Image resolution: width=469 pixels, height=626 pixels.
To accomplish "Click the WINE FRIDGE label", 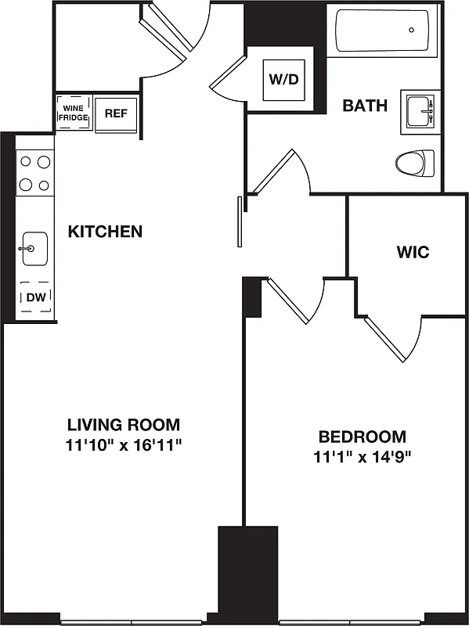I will tap(73, 113).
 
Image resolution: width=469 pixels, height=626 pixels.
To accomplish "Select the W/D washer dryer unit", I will tap(284, 80).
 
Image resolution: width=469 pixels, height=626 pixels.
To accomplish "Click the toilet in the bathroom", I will tap(414, 164).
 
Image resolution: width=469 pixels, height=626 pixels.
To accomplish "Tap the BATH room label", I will tap(365, 106).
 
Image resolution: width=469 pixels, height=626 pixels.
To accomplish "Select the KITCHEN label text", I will tap(105, 232).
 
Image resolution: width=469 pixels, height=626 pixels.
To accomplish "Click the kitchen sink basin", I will tap(34, 249).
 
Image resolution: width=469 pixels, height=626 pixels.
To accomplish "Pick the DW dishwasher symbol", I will tap(35, 298).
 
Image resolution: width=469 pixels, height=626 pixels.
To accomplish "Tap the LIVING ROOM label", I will tap(123, 425).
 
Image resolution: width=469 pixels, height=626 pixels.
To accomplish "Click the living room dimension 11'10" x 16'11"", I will tap(123, 444).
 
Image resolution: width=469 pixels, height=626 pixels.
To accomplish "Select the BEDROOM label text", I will tap(362, 437).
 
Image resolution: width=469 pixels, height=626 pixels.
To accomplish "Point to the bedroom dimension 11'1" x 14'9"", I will tap(362, 456).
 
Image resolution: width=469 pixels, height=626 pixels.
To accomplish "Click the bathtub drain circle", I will tap(412, 31).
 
